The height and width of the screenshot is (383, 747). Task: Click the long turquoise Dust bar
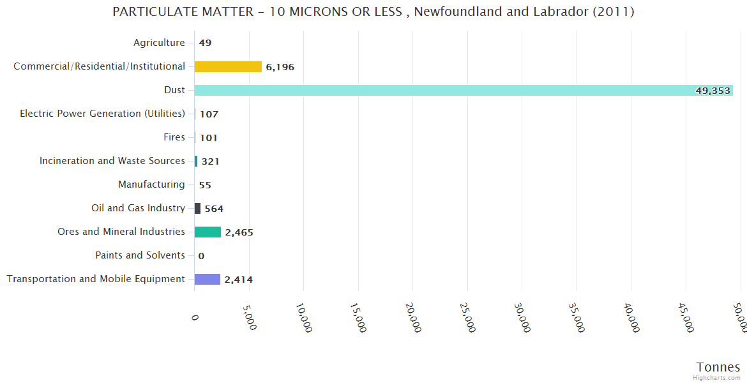[x=447, y=90]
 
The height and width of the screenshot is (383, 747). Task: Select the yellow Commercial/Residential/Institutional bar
[x=228, y=66]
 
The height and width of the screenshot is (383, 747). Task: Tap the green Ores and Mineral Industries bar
[x=207, y=232]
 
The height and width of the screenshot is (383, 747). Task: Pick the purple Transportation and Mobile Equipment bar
[x=207, y=279]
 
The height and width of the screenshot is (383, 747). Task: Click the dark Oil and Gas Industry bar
[x=197, y=208]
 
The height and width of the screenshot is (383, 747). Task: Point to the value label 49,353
[x=713, y=91]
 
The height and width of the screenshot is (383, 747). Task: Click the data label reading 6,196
[x=280, y=67]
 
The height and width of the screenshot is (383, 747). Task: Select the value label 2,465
[x=239, y=232]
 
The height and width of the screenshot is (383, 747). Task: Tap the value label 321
[x=210, y=161]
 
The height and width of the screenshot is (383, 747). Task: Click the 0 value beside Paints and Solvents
[x=201, y=256]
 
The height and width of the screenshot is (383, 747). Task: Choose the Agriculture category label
[x=159, y=43]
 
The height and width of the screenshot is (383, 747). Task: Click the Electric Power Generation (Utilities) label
[x=102, y=114]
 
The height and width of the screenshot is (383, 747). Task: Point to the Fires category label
[x=174, y=137]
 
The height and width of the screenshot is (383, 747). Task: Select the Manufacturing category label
[x=151, y=184]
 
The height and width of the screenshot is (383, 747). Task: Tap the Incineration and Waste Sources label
[x=112, y=161]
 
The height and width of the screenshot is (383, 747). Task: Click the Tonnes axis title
[x=718, y=367]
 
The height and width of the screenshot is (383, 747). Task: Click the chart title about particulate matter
[x=373, y=12]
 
